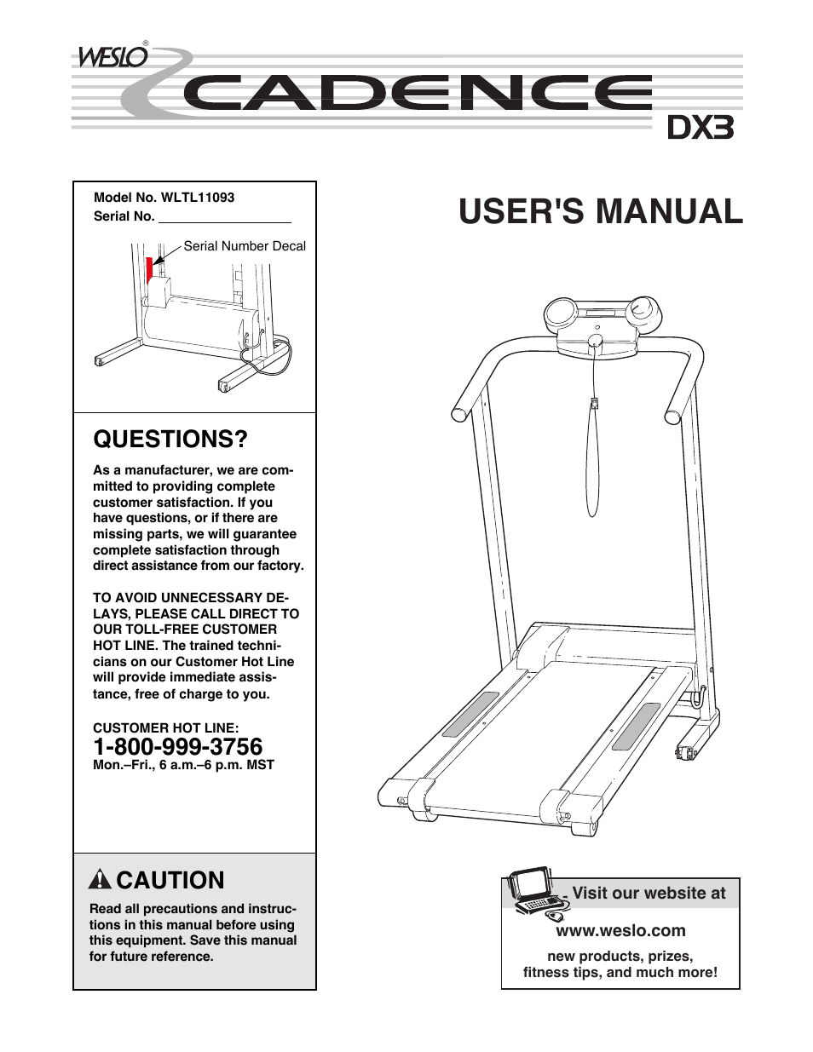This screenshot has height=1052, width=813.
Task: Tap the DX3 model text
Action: click(x=699, y=128)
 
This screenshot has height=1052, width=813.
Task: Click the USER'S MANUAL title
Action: click(x=600, y=211)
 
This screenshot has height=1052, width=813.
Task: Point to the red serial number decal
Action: click(x=149, y=269)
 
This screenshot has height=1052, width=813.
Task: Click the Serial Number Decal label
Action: click(x=245, y=246)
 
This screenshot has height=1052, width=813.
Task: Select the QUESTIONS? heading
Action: click(x=170, y=440)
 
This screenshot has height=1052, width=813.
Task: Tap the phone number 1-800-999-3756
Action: click(x=177, y=746)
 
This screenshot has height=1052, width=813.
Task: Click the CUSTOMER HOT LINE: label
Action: click(x=165, y=727)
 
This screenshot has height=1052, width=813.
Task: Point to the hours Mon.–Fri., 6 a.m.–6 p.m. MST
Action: click(x=183, y=765)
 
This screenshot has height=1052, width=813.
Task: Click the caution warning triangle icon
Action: click(x=101, y=880)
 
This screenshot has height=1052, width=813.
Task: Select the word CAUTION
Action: click(x=170, y=880)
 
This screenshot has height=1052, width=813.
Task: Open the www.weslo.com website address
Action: click(x=620, y=930)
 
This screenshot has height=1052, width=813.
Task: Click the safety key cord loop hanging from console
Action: click(x=592, y=460)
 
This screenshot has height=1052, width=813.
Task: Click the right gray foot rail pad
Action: click(x=636, y=726)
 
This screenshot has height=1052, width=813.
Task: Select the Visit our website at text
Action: click(x=649, y=893)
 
